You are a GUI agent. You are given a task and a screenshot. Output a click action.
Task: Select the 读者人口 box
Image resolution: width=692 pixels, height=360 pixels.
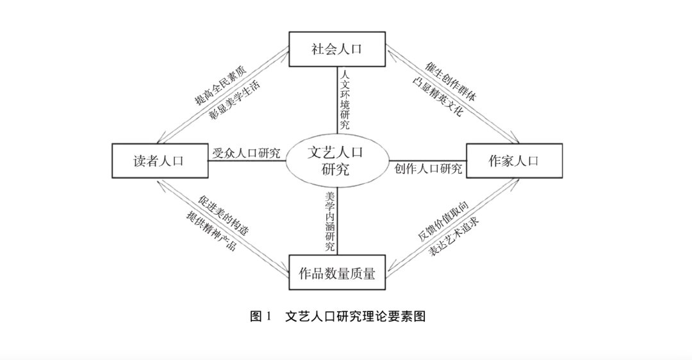tap(159, 160)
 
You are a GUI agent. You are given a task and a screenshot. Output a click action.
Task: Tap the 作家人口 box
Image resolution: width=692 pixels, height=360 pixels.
tap(514, 160)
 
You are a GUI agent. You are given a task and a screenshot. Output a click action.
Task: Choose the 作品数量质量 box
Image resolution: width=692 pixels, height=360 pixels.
tap(337, 274)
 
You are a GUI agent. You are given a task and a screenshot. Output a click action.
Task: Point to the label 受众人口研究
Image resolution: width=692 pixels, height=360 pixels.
tap(247, 153)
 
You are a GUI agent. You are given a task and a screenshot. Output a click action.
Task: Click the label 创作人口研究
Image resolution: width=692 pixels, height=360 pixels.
tap(428, 168)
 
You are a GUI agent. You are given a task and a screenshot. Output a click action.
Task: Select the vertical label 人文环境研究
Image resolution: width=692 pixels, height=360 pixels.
tap(345, 100)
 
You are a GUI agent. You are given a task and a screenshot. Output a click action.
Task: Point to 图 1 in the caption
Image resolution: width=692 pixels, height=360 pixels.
tap(261, 316)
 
